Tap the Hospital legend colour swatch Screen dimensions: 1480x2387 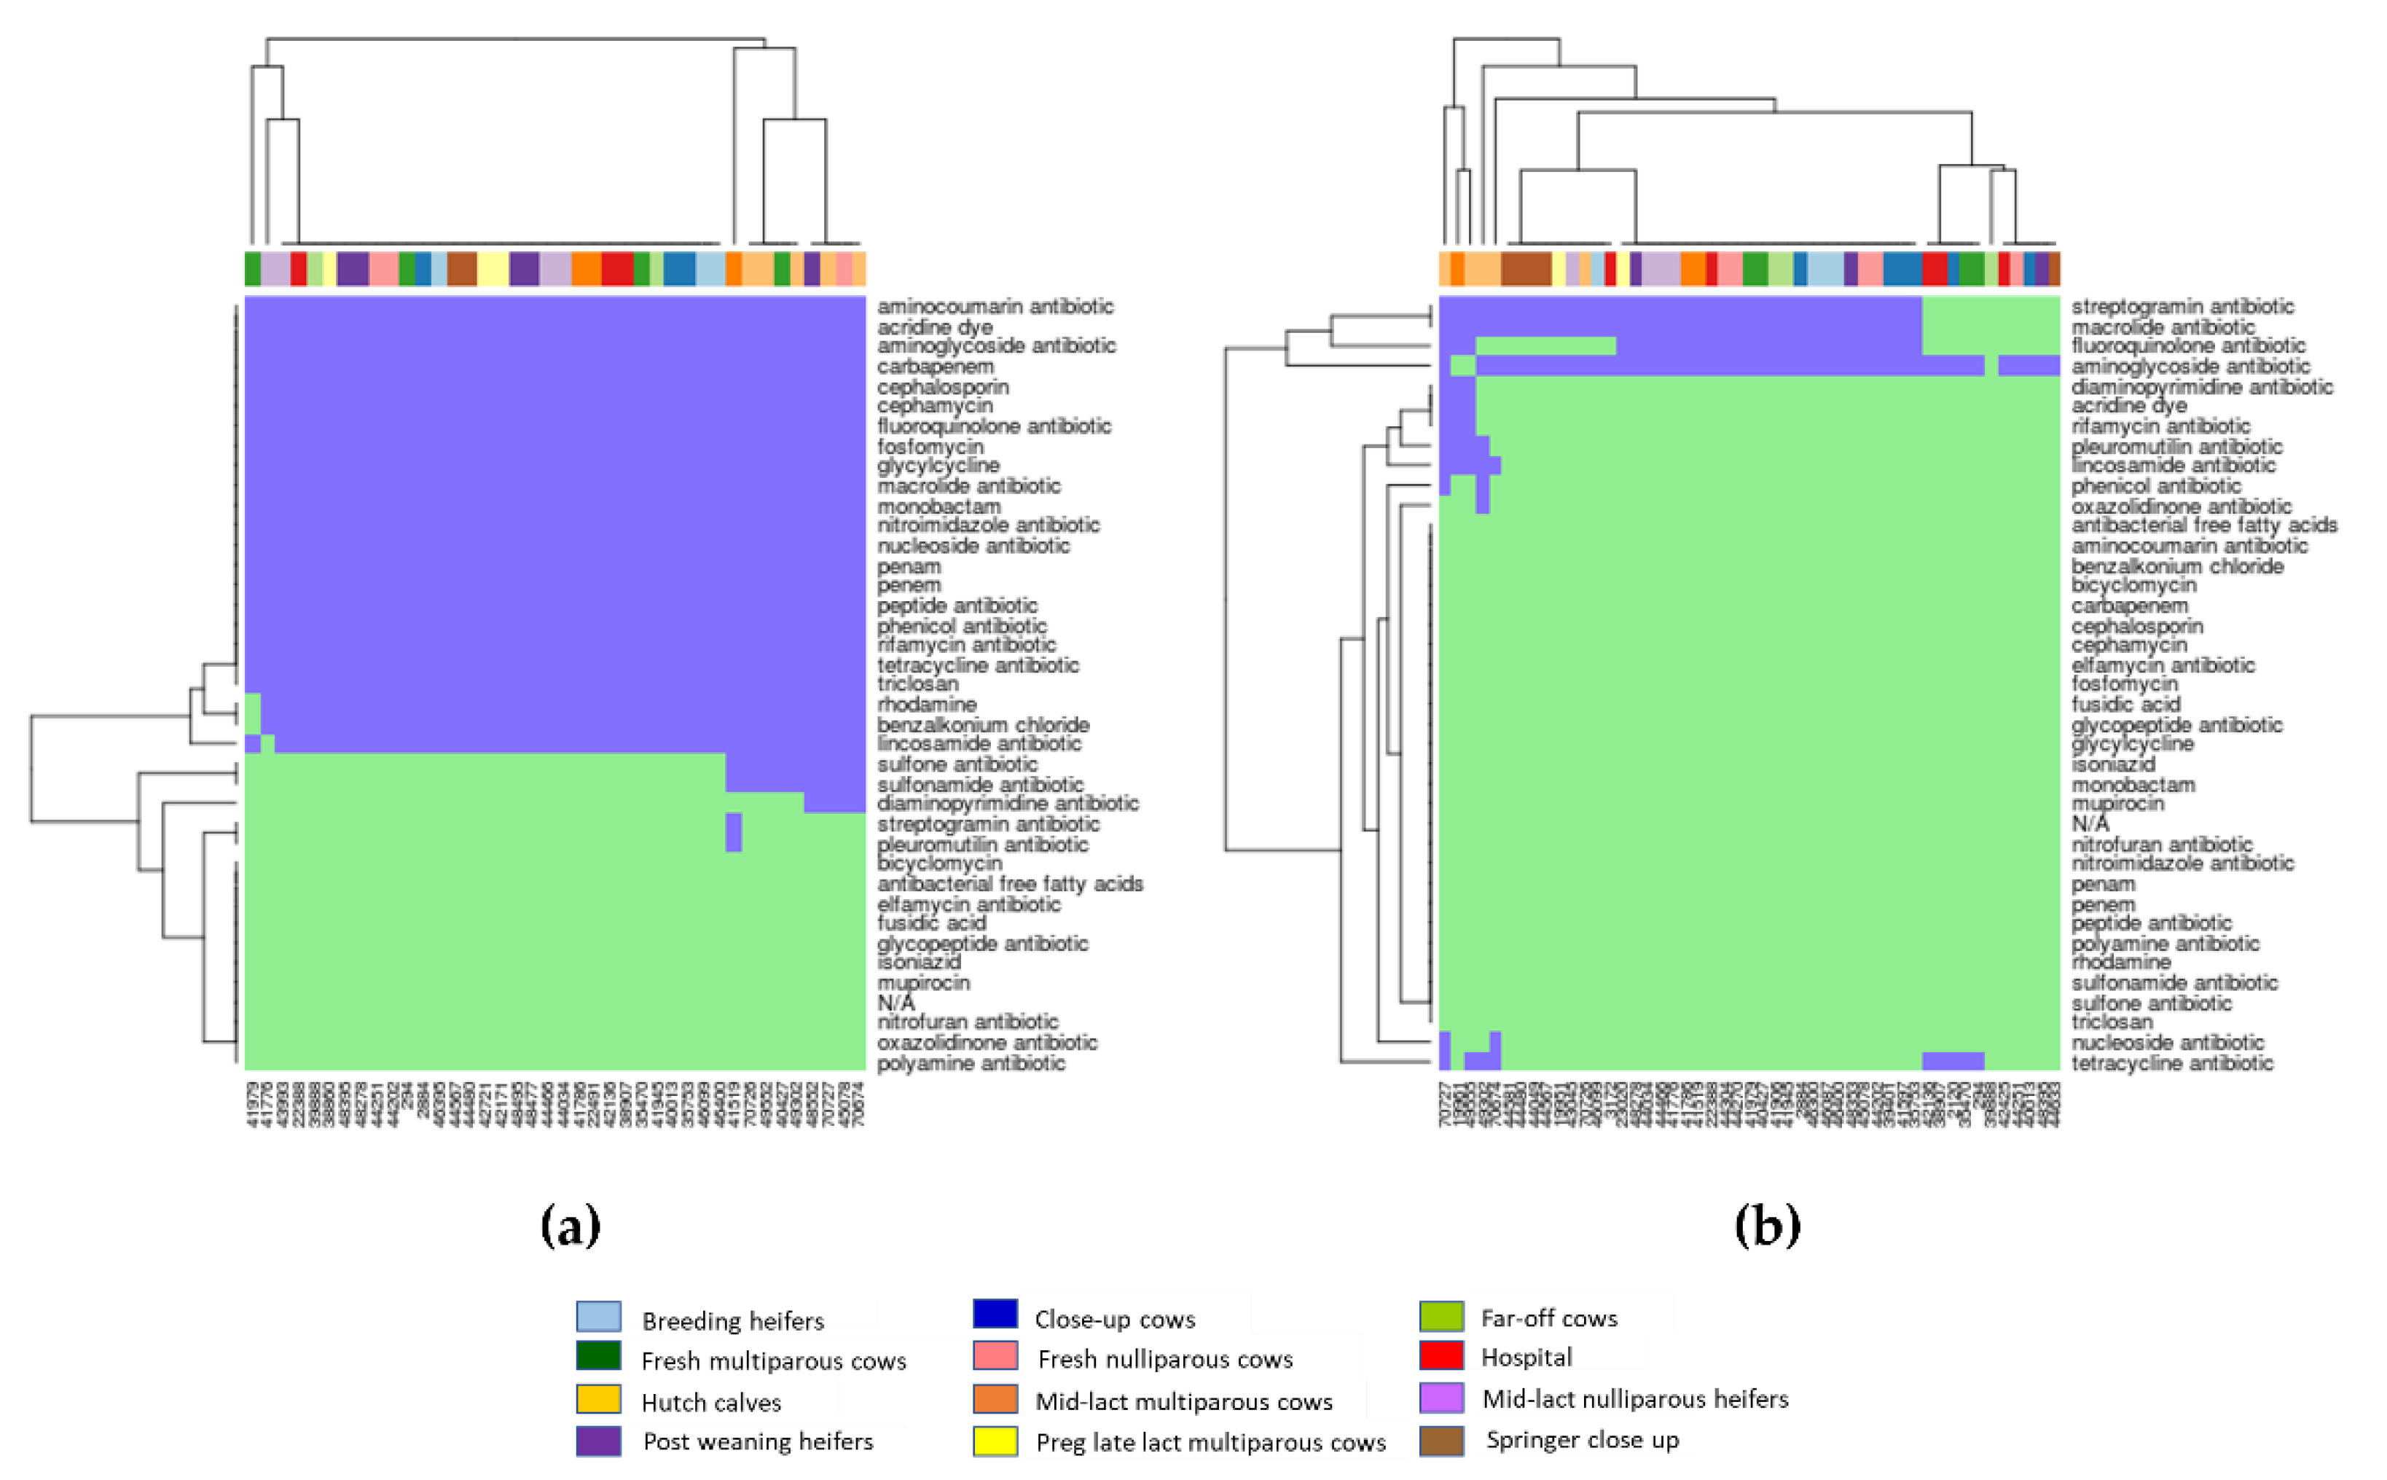(x=1441, y=1355)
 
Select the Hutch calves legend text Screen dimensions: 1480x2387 (x=710, y=1402)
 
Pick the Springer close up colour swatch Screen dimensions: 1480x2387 (x=1441, y=1440)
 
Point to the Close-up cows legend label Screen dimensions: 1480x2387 (x=1115, y=1320)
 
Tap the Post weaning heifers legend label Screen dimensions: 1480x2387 (x=758, y=1441)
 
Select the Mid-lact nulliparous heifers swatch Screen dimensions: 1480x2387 (x=1441, y=1398)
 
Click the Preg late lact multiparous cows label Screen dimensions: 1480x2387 (x=1211, y=1442)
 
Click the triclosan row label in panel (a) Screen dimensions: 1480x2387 (x=917, y=684)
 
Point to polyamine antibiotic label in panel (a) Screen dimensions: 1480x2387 (x=971, y=1063)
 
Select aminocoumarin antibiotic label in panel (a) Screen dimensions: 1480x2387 (x=995, y=306)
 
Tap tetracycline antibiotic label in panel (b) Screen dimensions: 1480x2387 (x=2172, y=1063)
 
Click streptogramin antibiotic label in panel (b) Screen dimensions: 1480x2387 (x=2182, y=306)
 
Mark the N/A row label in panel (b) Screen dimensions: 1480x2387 (x=2090, y=823)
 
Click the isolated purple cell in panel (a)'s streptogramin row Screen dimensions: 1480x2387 (x=733, y=832)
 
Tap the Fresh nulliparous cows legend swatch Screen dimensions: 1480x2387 (x=995, y=1355)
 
